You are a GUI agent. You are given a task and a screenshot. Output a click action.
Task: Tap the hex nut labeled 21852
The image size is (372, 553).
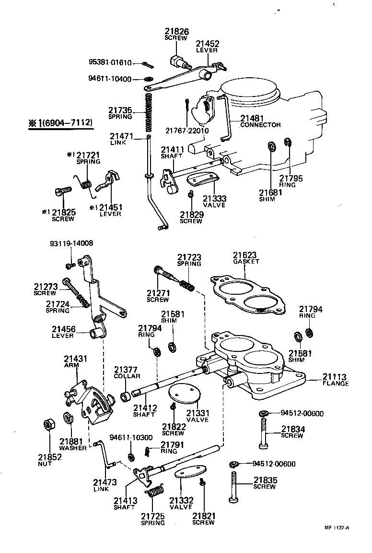[48, 425]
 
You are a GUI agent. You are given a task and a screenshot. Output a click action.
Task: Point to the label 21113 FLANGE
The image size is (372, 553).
[335, 380]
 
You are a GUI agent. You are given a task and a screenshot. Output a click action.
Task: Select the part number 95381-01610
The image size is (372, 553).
[108, 62]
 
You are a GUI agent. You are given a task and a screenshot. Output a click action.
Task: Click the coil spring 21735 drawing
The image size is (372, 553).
[149, 112]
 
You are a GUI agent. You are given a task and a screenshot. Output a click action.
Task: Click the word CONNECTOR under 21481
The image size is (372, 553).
[260, 125]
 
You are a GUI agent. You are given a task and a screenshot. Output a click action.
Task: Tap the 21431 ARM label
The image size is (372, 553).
[71, 361]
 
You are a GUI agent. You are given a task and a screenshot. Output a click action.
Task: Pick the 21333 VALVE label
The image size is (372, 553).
[214, 201]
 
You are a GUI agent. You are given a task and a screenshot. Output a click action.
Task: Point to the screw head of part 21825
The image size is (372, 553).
[60, 192]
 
